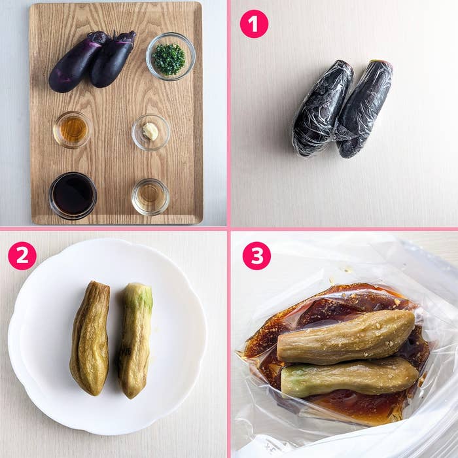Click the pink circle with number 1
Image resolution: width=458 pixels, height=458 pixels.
click(254, 24)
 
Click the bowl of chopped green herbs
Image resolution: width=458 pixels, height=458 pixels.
click(170, 57)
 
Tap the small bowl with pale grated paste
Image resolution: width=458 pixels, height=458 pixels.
click(150, 132)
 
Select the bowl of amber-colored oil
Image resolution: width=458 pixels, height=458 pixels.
click(73, 130)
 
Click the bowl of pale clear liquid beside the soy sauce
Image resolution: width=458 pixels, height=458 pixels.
click(150, 196)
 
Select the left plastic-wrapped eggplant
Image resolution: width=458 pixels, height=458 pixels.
click(320, 110)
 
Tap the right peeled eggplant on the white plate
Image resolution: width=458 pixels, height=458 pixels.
click(135, 340)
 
